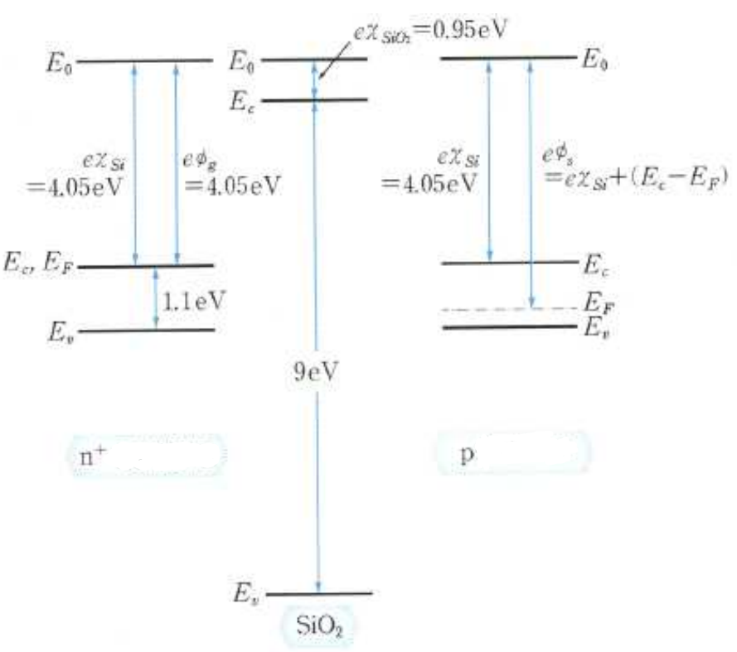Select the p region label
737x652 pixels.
465,454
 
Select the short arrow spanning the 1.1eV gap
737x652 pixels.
157,298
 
